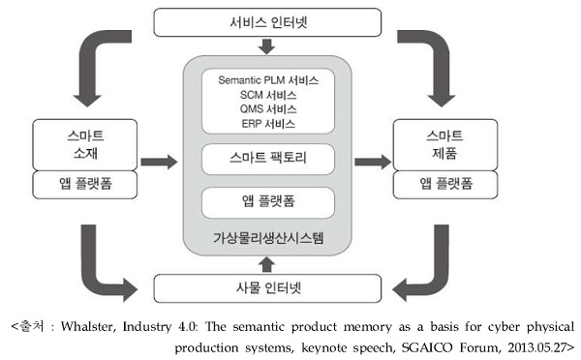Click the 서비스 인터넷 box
267,22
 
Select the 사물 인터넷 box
267,288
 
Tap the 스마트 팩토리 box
268,159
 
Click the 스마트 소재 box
85,144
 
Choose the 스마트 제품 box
445,144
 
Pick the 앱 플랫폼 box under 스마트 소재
85,184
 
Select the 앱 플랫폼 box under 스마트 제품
445,184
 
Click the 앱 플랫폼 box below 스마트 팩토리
268,202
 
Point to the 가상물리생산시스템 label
268,238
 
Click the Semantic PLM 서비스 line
268,80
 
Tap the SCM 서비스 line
268,95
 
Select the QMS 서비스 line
268,109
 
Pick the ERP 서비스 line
268,124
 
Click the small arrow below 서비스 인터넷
266,45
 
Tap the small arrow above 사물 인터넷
266,265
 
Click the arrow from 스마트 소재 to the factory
159,162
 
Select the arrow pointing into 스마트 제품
373,162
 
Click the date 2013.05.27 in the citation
537,347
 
